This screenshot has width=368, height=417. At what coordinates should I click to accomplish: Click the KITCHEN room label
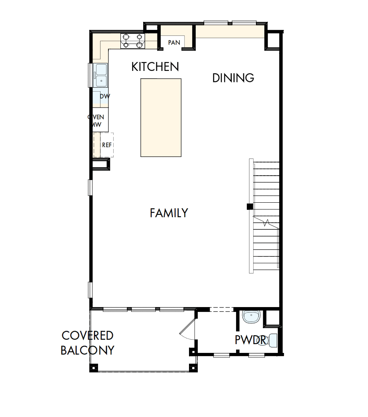point(155,67)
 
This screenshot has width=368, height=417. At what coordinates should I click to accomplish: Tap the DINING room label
point(233,78)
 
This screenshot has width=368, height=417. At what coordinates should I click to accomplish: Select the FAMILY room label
point(169,213)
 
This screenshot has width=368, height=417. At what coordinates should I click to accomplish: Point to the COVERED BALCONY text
point(87,343)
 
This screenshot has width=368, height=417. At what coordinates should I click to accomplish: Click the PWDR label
point(250,340)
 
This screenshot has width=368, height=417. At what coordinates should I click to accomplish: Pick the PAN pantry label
point(174,42)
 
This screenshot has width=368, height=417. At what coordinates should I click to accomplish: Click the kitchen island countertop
point(161,117)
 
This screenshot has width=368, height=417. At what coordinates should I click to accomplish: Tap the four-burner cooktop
point(133,41)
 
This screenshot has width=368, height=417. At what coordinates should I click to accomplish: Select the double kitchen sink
point(101,75)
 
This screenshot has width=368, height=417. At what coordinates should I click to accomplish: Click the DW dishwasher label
point(104,96)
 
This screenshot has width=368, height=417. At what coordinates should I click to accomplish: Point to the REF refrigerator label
point(106,145)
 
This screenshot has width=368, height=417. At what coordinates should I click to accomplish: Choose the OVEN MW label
point(96,121)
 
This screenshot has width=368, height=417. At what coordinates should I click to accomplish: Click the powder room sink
point(252,317)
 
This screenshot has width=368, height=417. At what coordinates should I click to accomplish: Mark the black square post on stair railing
point(250,206)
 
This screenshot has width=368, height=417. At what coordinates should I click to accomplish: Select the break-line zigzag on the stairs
point(266,223)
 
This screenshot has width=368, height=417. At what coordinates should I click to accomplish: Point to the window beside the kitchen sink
point(90,75)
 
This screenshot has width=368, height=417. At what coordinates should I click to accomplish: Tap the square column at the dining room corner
point(274,41)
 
